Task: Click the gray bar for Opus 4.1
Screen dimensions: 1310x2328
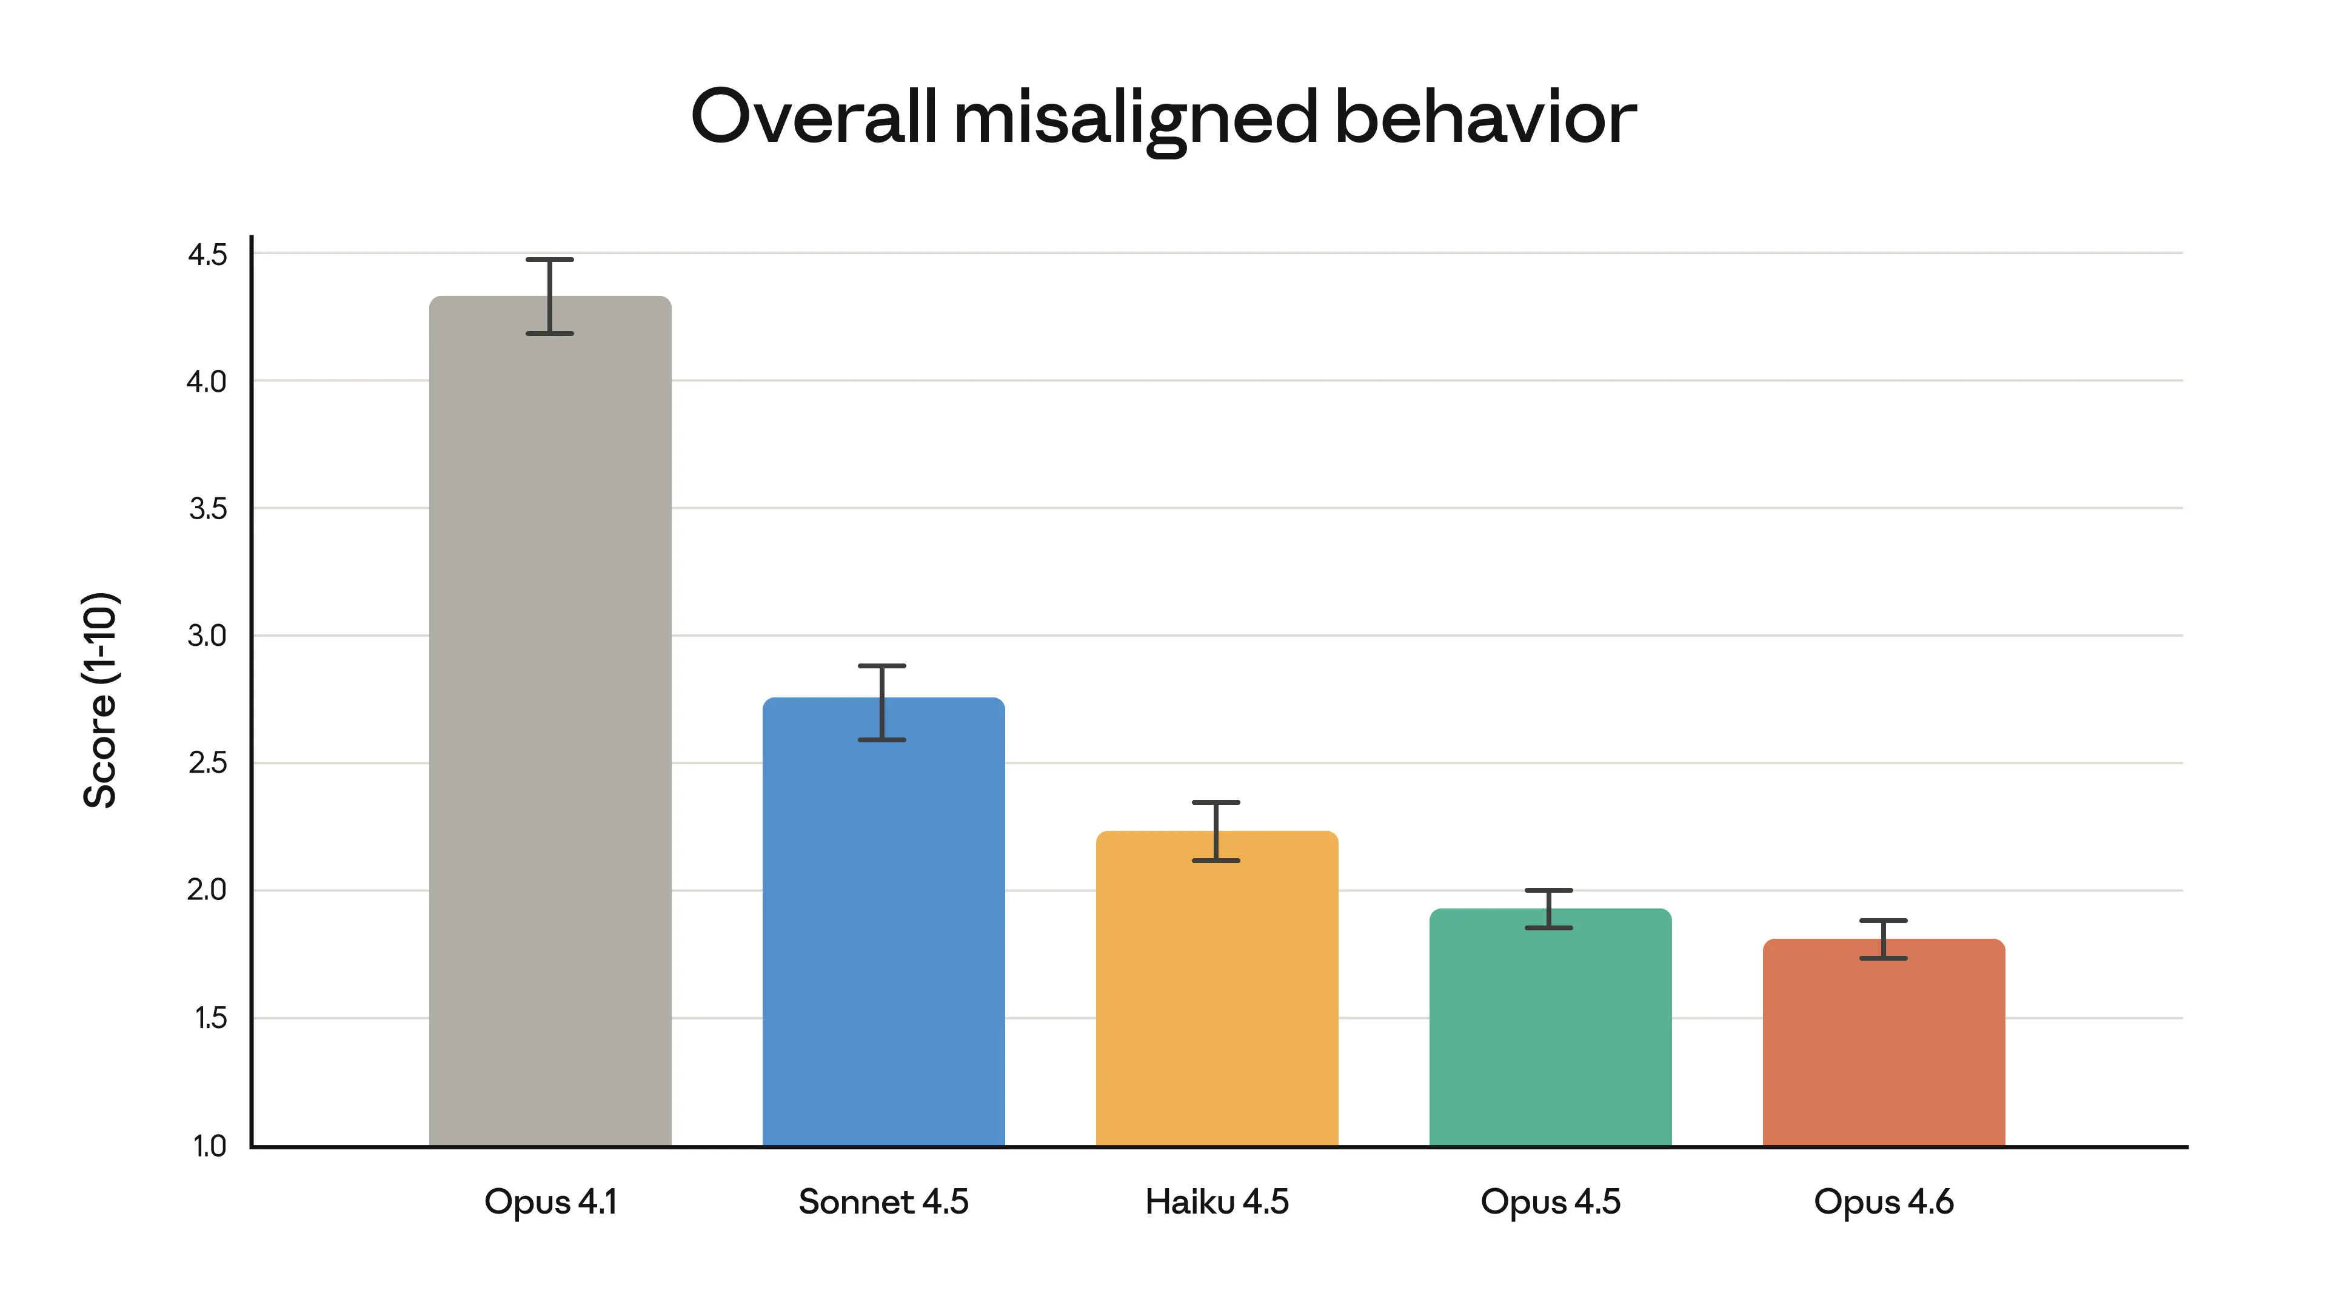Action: click(549, 724)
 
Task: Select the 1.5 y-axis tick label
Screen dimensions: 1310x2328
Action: click(210, 1019)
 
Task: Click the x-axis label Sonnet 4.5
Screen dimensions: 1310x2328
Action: click(883, 1203)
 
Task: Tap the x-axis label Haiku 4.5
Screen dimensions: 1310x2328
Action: click(1216, 1203)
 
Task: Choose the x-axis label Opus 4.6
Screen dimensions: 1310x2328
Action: click(1884, 1203)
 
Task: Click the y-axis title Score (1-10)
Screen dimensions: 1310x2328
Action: click(99, 700)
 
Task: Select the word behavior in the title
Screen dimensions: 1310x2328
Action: click(1485, 118)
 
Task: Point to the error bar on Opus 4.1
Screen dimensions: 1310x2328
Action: click(549, 297)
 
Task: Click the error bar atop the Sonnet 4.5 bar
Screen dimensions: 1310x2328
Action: click(882, 702)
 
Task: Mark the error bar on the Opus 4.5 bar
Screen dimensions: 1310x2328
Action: click(1549, 909)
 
